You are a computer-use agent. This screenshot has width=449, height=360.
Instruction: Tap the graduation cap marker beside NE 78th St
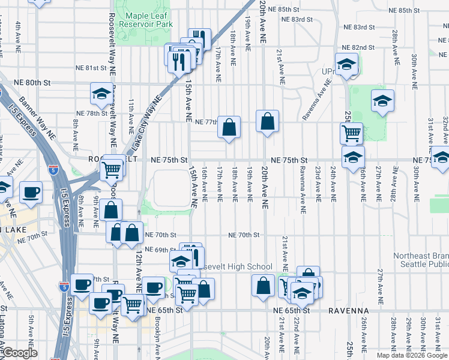(x=101, y=94)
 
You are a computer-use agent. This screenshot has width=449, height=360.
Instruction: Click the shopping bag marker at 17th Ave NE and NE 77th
(x=229, y=127)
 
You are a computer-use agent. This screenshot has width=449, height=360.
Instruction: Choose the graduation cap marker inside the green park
(x=382, y=101)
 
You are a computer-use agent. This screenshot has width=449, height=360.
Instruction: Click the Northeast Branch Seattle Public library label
(x=421, y=260)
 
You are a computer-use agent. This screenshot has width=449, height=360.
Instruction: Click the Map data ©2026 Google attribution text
(x=412, y=355)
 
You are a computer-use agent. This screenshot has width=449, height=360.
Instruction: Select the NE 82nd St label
(x=360, y=47)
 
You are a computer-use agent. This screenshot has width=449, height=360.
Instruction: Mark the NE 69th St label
(x=160, y=249)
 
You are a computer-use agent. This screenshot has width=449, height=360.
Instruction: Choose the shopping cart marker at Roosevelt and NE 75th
(x=112, y=169)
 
